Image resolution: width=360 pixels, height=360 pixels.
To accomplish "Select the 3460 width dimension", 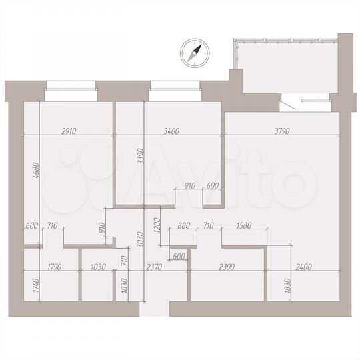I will pyautogui.click(x=171, y=131).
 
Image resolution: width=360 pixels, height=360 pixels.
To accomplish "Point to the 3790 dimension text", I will pyautogui.click(x=282, y=131).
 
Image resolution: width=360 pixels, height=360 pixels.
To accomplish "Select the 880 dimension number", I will pyautogui.click(x=185, y=225).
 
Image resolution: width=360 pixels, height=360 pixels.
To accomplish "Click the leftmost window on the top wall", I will pyautogui.click(x=70, y=85).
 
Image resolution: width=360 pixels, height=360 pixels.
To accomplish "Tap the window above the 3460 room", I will pyautogui.click(x=175, y=85).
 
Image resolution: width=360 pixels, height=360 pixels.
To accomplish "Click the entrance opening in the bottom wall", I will pyautogui.click(x=155, y=308).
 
